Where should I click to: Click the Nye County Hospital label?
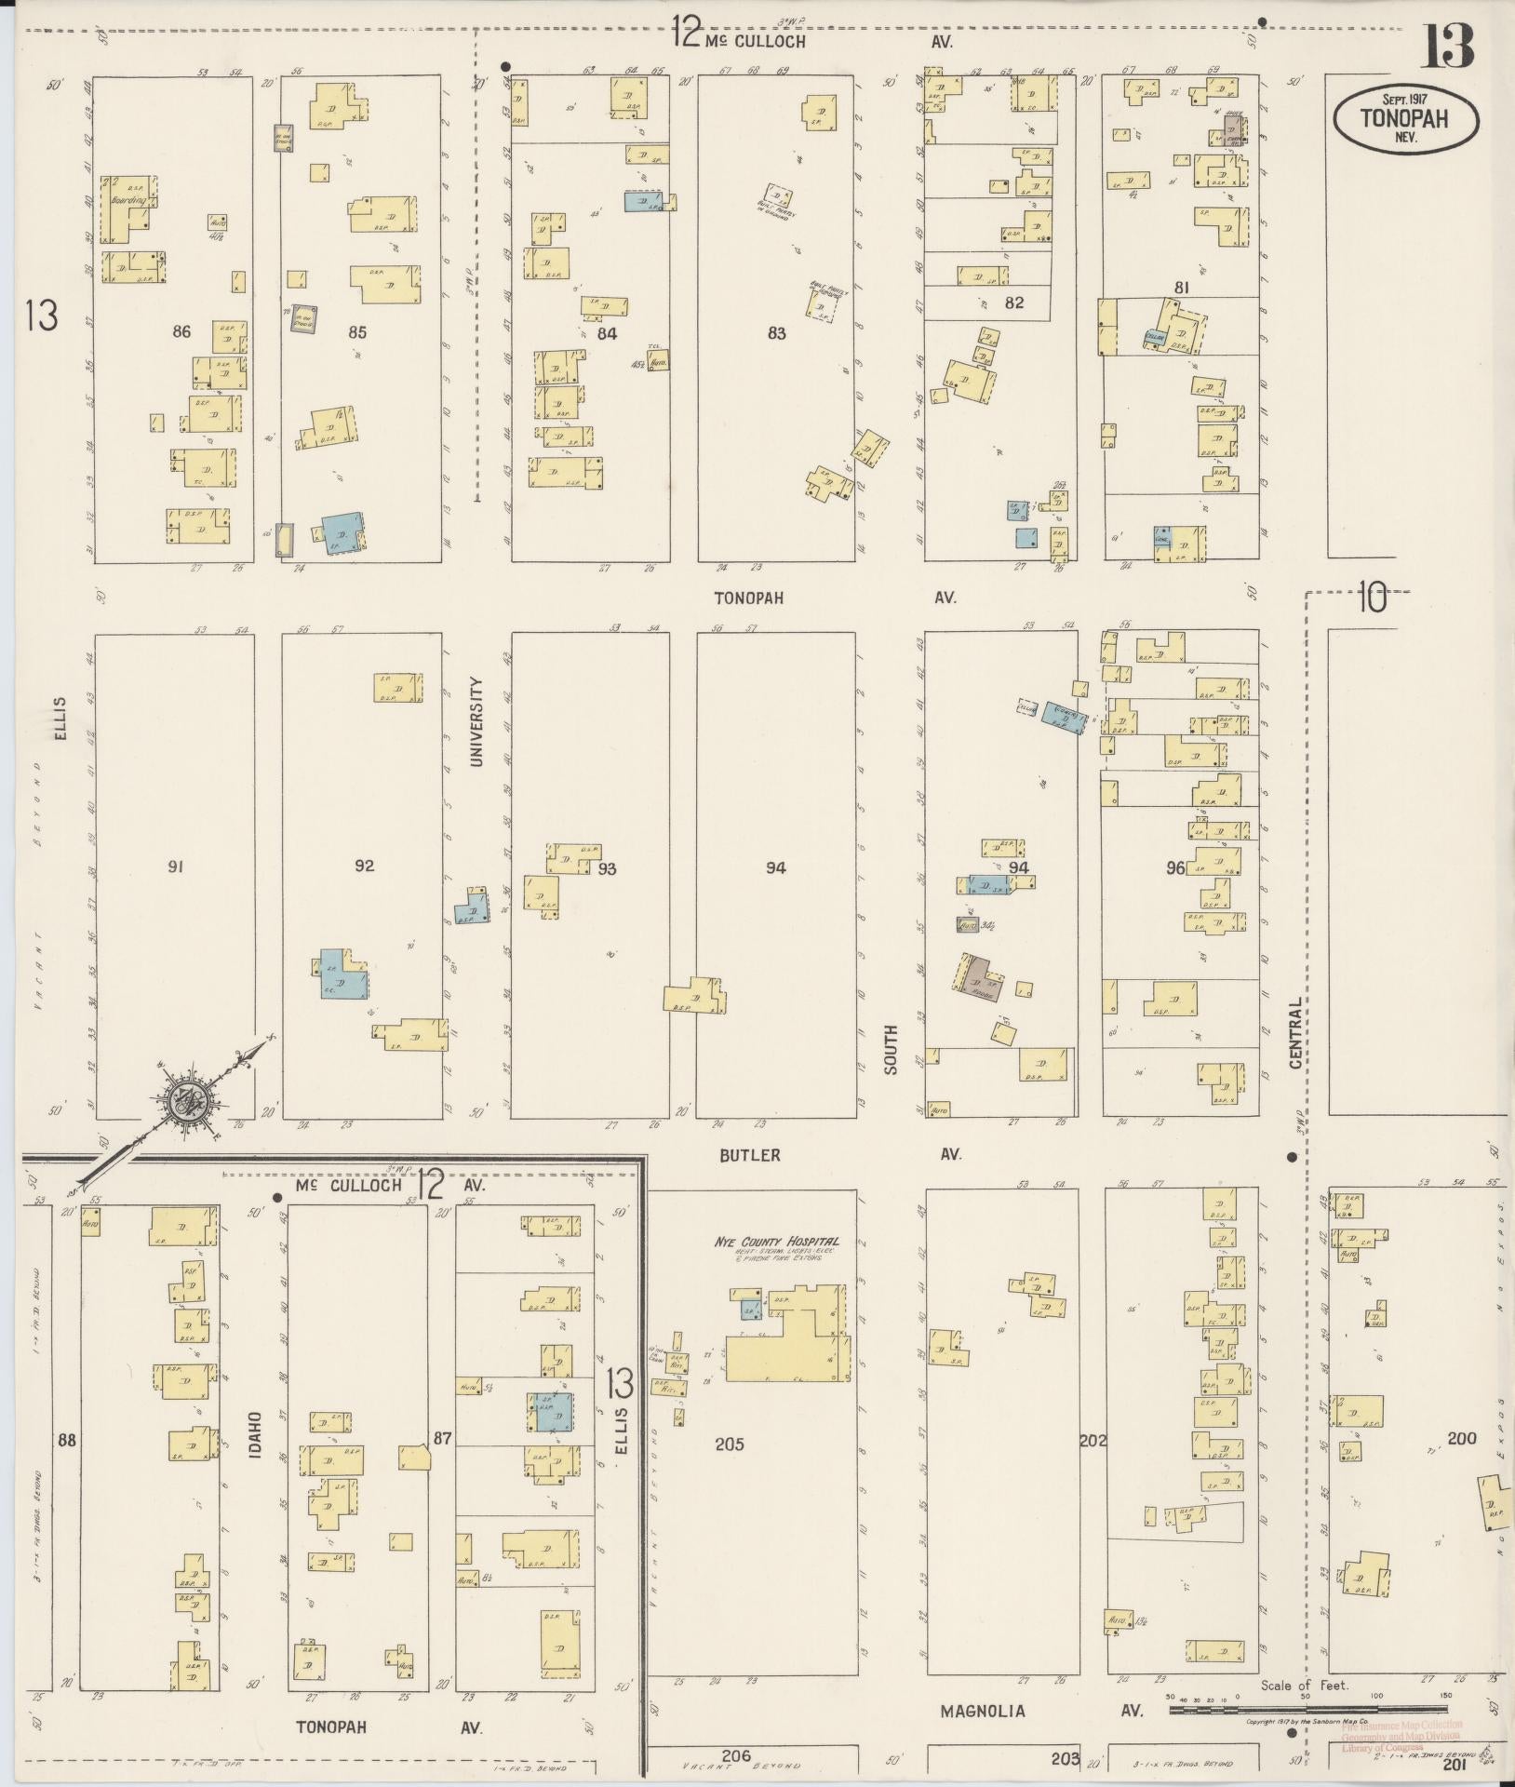tap(777, 1242)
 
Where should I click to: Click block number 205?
tap(729, 1444)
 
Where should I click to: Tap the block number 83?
tap(776, 333)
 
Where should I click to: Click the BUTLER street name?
tap(749, 1155)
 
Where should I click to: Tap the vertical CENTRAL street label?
tap(1294, 1032)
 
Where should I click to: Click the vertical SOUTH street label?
tap(892, 1050)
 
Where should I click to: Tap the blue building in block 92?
tap(340, 974)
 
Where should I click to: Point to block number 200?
tap(1462, 1439)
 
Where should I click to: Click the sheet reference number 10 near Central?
tap(1371, 597)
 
